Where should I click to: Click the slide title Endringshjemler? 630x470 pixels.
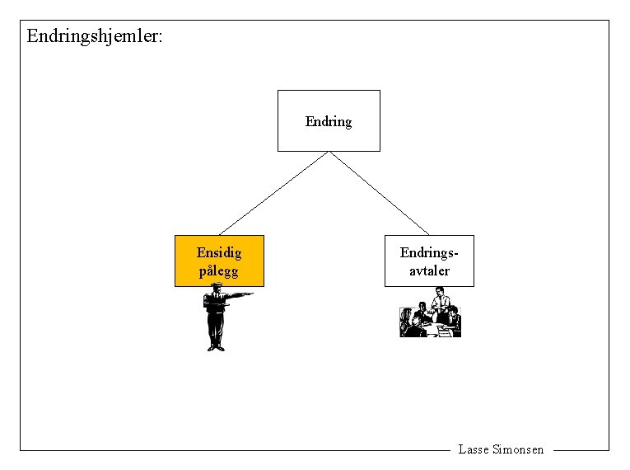click(x=95, y=36)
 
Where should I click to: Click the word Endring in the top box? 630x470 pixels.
click(x=328, y=122)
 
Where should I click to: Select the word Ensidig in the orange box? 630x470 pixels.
click(x=219, y=252)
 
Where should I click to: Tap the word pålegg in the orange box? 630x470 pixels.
click(x=218, y=270)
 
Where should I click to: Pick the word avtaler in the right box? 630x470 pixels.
click(x=429, y=270)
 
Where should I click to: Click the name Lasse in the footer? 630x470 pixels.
click(x=473, y=449)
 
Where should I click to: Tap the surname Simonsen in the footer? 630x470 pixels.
click(x=518, y=449)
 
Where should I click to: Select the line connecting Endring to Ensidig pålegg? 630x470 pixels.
click(x=273, y=193)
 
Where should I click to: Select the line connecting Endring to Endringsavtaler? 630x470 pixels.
click(x=380, y=193)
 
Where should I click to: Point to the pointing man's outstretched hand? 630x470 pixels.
click(x=248, y=294)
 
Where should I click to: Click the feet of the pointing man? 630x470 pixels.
click(x=216, y=348)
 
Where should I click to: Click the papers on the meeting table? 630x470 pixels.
click(x=446, y=329)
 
